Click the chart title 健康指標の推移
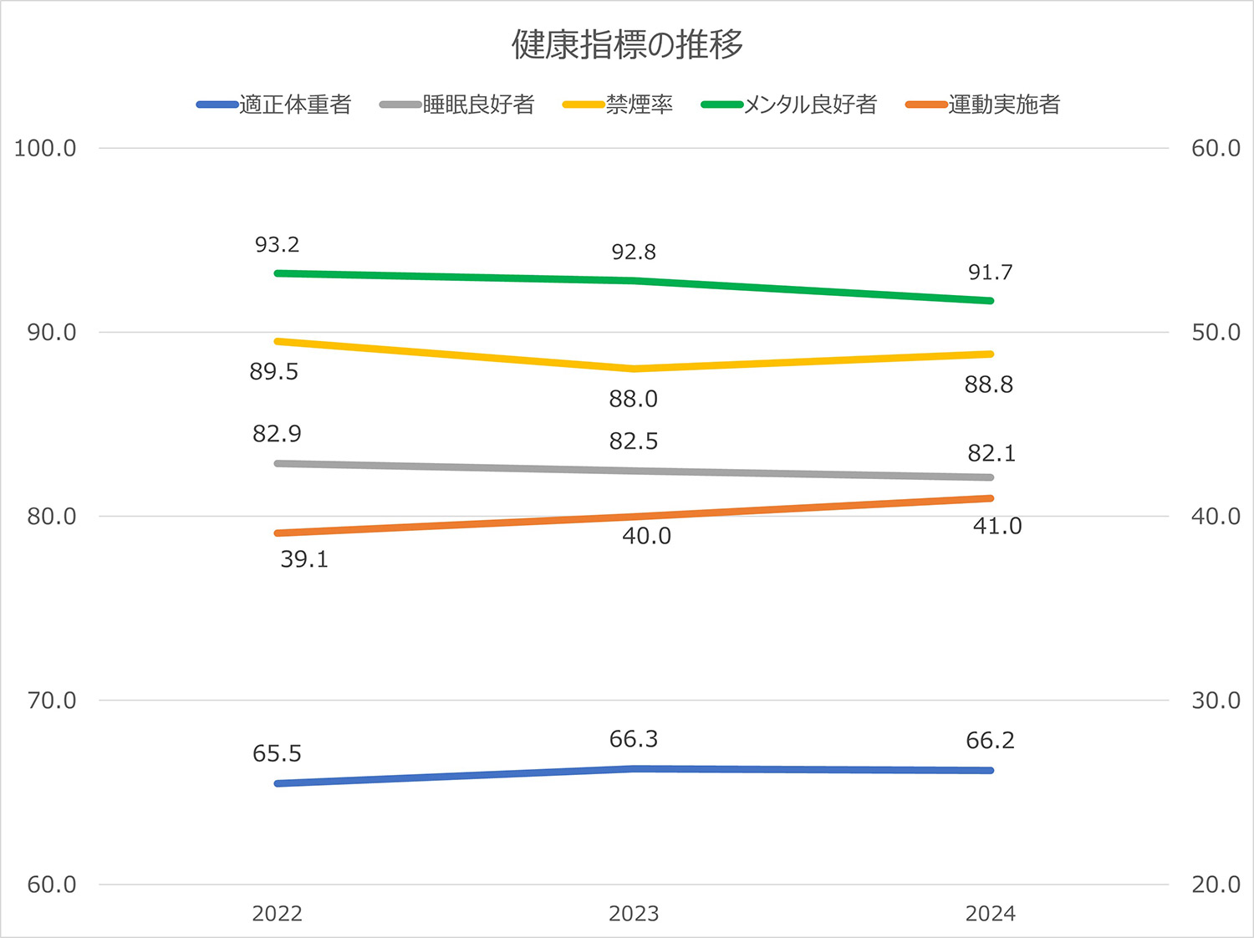click(x=627, y=44)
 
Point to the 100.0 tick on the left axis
click(x=45, y=149)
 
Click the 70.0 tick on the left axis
click(x=51, y=701)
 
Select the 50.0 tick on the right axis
click(x=1215, y=333)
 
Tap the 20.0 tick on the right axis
click(x=1215, y=884)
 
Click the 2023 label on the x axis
click(x=634, y=914)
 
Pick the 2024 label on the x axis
click(x=990, y=914)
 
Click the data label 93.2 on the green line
click(x=277, y=245)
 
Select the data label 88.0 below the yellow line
click(x=633, y=400)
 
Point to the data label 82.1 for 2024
click(x=991, y=453)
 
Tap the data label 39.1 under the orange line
click(x=304, y=559)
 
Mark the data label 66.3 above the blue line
click(x=633, y=739)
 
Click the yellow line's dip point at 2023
click(x=634, y=369)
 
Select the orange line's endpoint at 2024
click(x=990, y=498)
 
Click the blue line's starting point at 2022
click(x=278, y=783)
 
